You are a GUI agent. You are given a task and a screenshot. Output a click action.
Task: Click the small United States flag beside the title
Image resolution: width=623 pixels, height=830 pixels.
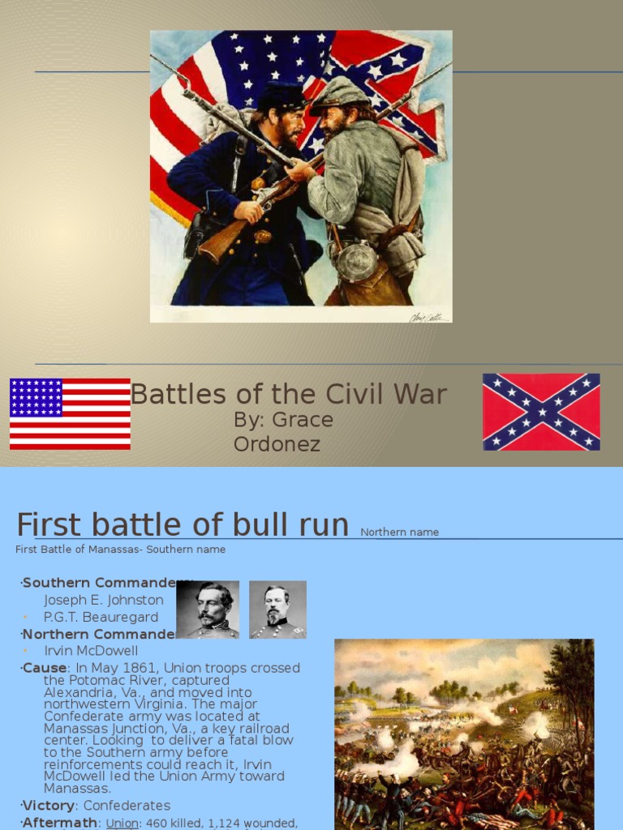pyautogui.click(x=70, y=413)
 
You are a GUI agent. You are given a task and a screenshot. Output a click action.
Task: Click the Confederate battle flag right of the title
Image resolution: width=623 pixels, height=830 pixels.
pyautogui.click(x=541, y=412)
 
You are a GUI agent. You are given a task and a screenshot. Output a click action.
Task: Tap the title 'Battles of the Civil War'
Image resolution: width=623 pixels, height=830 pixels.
pyautogui.click(x=289, y=394)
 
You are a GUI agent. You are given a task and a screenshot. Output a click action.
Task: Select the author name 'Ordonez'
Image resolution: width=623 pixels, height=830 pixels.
pyautogui.click(x=277, y=444)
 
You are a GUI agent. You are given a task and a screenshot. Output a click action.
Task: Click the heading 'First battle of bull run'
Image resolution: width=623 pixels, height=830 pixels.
pyautogui.click(x=183, y=524)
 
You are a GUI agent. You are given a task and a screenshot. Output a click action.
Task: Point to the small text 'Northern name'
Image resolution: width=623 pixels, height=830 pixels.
pyautogui.click(x=399, y=533)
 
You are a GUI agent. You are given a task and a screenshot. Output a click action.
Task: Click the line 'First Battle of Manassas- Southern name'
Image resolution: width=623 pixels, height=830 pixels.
pyautogui.click(x=120, y=550)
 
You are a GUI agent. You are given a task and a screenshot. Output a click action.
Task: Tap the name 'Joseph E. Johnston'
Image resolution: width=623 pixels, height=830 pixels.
pyautogui.click(x=103, y=600)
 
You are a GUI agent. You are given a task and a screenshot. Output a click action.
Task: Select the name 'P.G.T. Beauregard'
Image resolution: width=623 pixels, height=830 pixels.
pyautogui.click(x=101, y=617)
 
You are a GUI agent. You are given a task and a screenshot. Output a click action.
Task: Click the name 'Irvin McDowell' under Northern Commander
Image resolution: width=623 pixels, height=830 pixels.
pyautogui.click(x=91, y=650)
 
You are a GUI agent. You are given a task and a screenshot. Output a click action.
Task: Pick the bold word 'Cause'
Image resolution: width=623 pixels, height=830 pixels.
pyautogui.click(x=45, y=668)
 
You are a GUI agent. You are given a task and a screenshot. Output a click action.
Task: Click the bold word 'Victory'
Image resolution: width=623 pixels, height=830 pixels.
pyautogui.click(x=49, y=805)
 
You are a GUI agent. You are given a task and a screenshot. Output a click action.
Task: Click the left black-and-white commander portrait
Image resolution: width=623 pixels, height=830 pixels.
pyautogui.click(x=208, y=610)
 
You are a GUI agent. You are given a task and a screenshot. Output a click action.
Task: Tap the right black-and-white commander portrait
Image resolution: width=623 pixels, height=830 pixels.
pyautogui.click(x=277, y=610)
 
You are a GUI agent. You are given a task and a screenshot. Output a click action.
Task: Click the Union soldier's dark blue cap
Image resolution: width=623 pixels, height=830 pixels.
pyautogui.click(x=280, y=96)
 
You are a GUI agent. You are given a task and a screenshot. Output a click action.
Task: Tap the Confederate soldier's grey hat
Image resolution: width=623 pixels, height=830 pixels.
pyautogui.click(x=338, y=93)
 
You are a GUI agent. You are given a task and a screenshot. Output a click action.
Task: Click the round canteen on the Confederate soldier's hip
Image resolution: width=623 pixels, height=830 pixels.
pyautogui.click(x=357, y=261)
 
